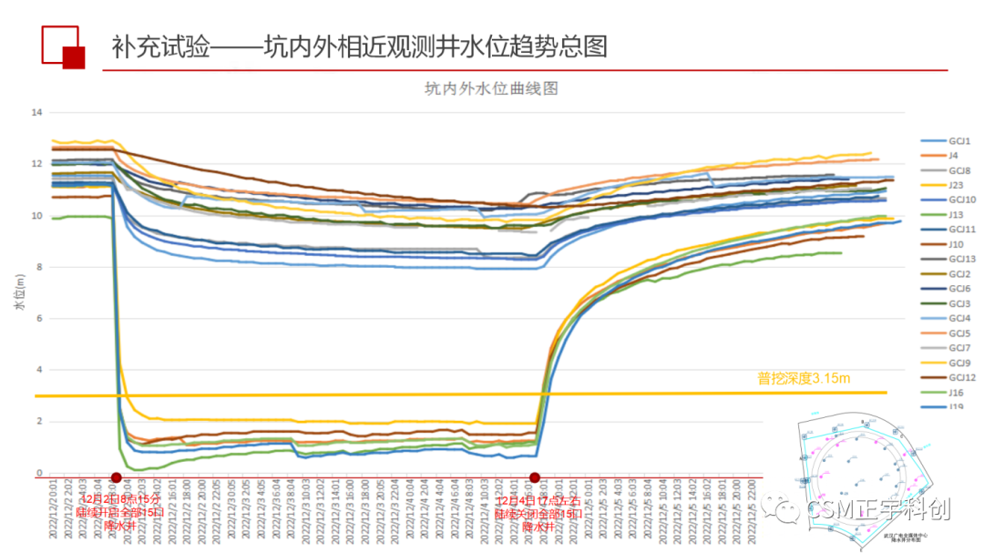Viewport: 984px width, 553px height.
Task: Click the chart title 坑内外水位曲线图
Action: [490, 88]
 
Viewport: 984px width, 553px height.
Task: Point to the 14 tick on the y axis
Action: [37, 112]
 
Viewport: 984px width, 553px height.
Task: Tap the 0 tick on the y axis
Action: [39, 473]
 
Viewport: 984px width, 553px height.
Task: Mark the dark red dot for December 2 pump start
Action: [116, 477]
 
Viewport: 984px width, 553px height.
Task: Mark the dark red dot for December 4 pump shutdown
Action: [535, 477]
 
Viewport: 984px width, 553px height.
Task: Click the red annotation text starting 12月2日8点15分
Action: [120, 513]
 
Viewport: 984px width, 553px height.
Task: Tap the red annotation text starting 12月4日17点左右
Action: [538, 513]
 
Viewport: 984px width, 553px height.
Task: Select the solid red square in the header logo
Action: [73, 57]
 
